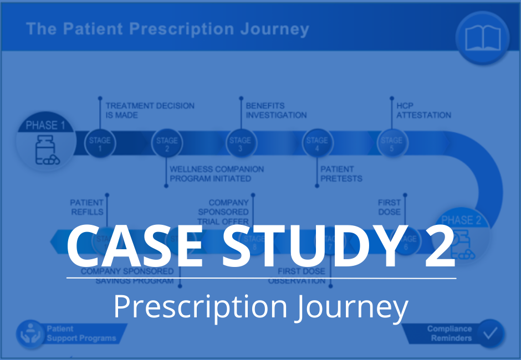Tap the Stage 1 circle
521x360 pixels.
tap(100, 143)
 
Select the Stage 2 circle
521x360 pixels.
tap(167, 143)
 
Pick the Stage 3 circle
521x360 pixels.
tap(240, 143)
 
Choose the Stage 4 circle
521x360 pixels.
tap(316, 143)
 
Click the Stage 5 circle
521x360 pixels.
tap(391, 143)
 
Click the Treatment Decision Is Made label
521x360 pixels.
tap(150, 110)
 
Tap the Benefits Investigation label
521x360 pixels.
tap(276, 110)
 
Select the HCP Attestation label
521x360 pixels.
tap(423, 110)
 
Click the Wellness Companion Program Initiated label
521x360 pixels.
tap(217, 174)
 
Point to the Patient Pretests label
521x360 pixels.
tap(341, 174)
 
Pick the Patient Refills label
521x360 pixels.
tap(86, 207)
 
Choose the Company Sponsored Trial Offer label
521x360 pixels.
tap(223, 212)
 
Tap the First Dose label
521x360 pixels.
tap(389, 207)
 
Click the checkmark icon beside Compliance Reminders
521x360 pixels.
tap(491, 333)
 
